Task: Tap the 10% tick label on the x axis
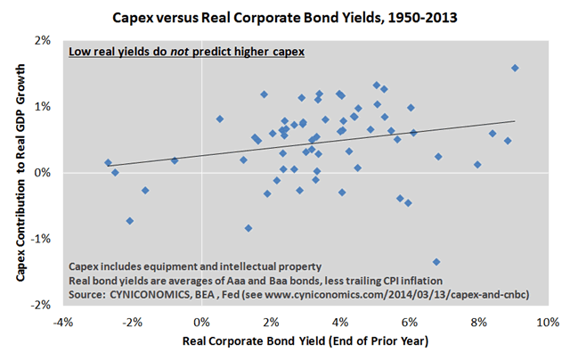[546, 322]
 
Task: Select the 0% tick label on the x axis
[201, 322]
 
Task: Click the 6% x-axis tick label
[410, 322]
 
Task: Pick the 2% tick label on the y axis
[43, 41]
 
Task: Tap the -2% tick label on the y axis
[41, 305]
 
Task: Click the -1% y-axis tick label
[41, 239]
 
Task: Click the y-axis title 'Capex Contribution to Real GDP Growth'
[19, 172]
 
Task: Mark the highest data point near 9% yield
[515, 68]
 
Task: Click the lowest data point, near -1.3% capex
[436, 262]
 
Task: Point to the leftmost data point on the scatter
[108, 163]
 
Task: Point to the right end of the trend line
[515, 121]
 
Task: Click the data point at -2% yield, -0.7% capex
[130, 220]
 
